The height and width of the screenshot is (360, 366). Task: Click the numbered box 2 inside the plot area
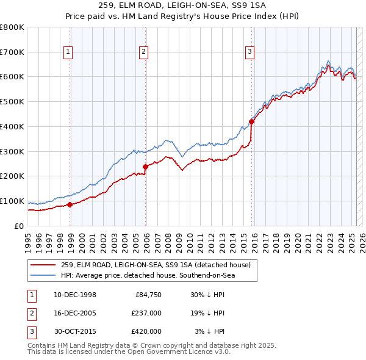(143, 52)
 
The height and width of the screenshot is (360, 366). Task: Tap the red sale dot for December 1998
(70, 204)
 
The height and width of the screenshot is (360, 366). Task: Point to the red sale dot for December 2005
(146, 167)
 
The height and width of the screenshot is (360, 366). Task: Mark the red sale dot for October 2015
(252, 121)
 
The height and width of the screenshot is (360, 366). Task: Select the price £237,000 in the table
(146, 314)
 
